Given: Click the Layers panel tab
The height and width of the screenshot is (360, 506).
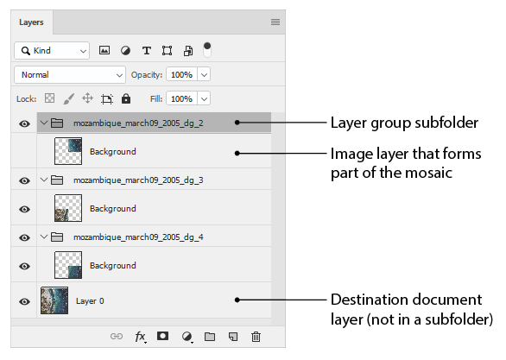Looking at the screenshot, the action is pos(31,22).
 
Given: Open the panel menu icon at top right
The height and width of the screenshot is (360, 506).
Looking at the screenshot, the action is pos(275,22).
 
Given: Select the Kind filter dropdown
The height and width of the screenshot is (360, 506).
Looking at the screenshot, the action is pos(52,51).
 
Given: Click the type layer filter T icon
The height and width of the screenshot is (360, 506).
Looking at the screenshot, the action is pos(147,51).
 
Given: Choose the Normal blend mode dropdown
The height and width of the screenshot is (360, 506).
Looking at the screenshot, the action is pos(70,75).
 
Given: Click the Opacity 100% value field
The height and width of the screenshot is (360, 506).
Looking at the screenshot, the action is pos(181,75).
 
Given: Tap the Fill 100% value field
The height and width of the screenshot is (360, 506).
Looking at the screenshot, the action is pos(181,98).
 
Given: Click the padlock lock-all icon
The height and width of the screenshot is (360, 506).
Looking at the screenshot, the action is pos(126,98).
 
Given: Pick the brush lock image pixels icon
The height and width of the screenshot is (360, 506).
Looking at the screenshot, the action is pos(68,98).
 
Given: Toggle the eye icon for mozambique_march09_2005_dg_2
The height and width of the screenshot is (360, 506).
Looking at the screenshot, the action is pos(24,123).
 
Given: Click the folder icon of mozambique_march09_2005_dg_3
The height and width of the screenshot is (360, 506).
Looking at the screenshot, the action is pos(57,180).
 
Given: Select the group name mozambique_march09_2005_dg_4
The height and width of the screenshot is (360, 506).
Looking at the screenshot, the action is pos(138,237).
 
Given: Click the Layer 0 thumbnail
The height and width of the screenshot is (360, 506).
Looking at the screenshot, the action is pos(54,300).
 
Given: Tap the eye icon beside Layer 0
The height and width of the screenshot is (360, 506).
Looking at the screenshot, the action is pos(24,301).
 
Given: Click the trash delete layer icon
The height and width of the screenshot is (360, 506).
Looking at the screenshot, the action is pos(256,337).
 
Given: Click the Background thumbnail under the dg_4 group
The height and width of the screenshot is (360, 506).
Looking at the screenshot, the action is pos(68,265).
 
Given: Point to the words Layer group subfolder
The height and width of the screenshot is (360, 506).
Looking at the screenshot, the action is pos(404,123).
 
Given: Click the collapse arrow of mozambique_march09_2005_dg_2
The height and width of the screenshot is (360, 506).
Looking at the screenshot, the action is pos(44,123).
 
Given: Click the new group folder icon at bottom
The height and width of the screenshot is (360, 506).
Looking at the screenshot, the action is pos(210,337).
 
